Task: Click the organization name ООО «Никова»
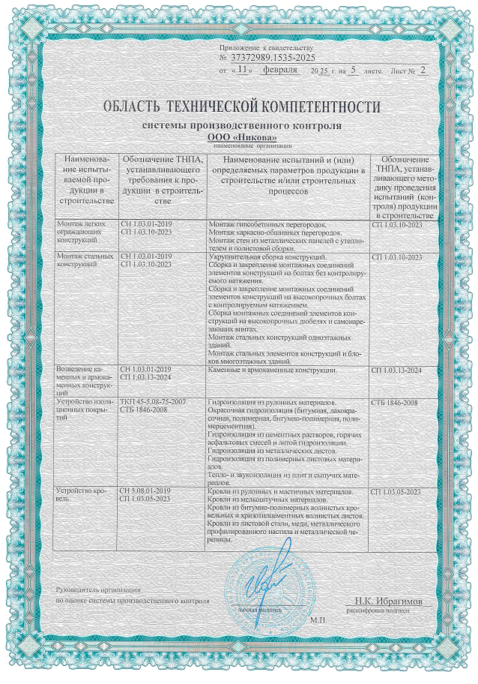(240, 137)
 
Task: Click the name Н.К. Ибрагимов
(389, 601)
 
